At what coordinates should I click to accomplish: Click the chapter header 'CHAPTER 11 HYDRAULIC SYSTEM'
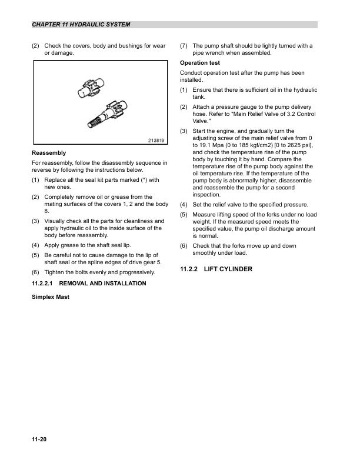pos(81,25)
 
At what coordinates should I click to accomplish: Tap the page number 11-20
pos(39,439)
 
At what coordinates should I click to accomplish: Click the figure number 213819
pos(155,140)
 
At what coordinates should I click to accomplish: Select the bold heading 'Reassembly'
pos(48,152)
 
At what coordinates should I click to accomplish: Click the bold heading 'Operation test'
pos(200,62)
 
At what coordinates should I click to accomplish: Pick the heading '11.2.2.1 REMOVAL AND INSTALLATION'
pos(88,284)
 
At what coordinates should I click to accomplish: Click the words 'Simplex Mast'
pos(50,297)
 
